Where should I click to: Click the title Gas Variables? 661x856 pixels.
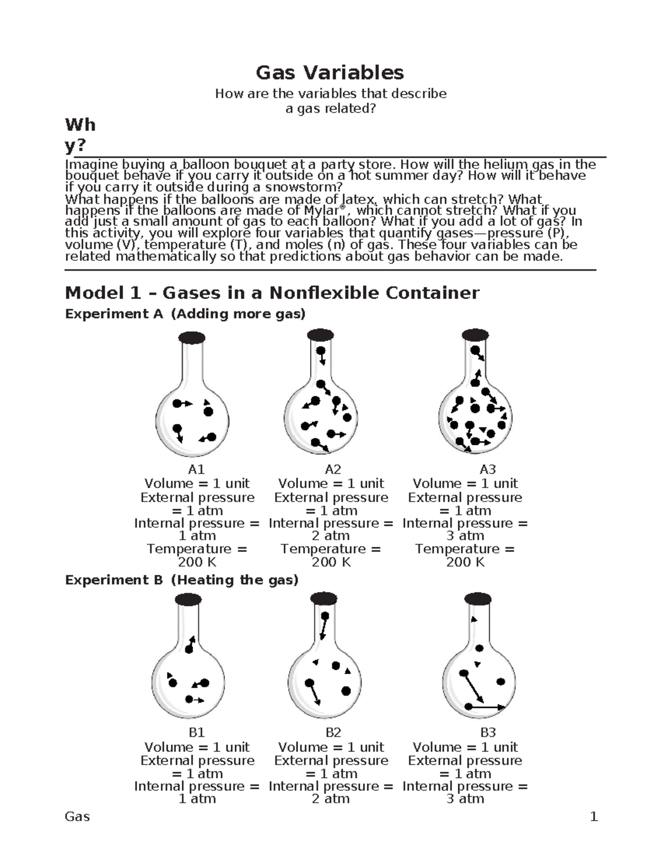pyautogui.click(x=329, y=72)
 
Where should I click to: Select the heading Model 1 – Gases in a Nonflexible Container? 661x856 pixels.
pyautogui.click(x=272, y=293)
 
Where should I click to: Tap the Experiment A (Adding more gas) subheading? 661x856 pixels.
pyautogui.click(x=185, y=314)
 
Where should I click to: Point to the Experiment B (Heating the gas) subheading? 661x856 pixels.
pyautogui.click(x=182, y=580)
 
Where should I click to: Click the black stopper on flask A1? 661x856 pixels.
pyautogui.click(x=192, y=337)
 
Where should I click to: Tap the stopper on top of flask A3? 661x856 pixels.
pyautogui.click(x=475, y=335)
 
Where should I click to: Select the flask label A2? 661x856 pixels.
pyautogui.click(x=333, y=469)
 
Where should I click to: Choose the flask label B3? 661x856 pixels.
pyautogui.click(x=488, y=733)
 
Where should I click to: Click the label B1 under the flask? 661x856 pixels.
pyautogui.click(x=197, y=733)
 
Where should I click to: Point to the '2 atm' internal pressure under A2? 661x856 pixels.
pyautogui.click(x=330, y=536)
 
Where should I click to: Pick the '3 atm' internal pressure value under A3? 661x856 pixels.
pyautogui.click(x=465, y=536)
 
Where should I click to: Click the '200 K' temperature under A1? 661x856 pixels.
pyautogui.click(x=197, y=562)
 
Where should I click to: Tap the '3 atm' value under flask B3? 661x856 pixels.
pyautogui.click(x=465, y=799)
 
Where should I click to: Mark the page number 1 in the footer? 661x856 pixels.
pyautogui.click(x=594, y=817)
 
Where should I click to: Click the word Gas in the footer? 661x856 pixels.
pyautogui.click(x=77, y=817)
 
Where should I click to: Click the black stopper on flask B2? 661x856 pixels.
pyautogui.click(x=324, y=599)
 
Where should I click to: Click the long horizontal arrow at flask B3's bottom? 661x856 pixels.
pyautogui.click(x=485, y=707)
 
